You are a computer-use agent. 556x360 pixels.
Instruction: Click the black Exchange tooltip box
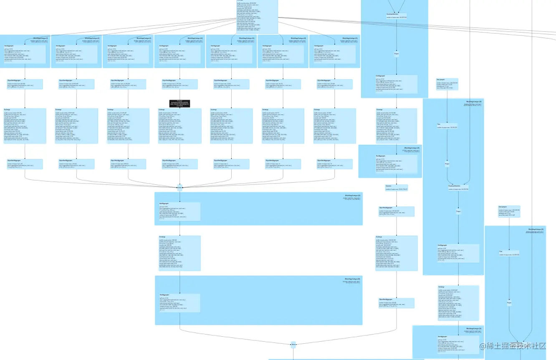click(179, 103)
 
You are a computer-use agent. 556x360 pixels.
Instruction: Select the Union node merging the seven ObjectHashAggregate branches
click(180, 187)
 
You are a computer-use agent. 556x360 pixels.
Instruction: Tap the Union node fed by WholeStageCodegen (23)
click(293, 345)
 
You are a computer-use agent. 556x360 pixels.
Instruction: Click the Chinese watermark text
click(512, 346)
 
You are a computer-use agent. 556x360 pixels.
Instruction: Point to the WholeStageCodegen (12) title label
click(195, 38)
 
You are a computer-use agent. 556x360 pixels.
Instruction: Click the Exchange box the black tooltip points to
click(180, 126)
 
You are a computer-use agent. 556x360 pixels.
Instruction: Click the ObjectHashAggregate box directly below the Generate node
click(397, 211)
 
